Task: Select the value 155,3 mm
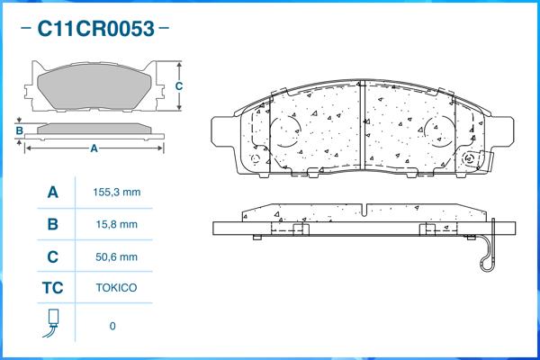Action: click(x=116, y=193)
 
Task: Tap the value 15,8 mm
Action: click(x=116, y=225)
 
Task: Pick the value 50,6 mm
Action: click(x=116, y=257)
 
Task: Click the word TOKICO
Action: click(x=116, y=290)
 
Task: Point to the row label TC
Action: click(x=52, y=290)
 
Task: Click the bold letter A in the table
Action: click(x=52, y=193)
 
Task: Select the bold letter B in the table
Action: click(x=52, y=225)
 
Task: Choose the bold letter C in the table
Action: click(x=52, y=257)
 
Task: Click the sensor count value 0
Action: click(x=112, y=326)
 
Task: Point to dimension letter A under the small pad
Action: click(x=94, y=148)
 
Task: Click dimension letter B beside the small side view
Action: click(x=19, y=131)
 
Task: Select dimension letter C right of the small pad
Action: click(x=178, y=86)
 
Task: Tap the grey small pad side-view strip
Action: click(x=94, y=129)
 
